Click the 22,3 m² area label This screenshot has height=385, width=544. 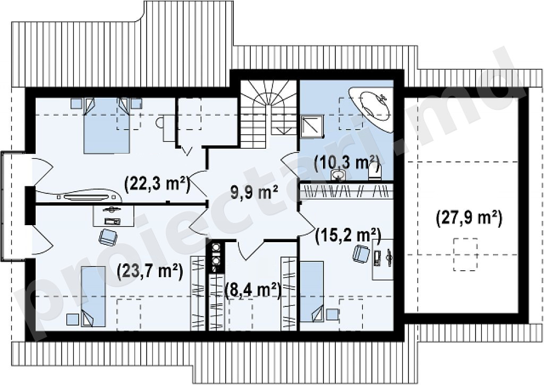(x=157, y=184)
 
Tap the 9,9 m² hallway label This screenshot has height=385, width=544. (x=254, y=192)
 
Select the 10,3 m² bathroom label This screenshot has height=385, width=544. (x=346, y=162)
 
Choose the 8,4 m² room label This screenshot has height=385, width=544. (x=253, y=290)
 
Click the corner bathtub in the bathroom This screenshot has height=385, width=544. (x=371, y=108)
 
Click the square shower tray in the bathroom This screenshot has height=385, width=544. (x=311, y=126)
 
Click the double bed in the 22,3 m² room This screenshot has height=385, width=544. (x=107, y=125)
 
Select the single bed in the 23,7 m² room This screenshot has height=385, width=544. (x=93, y=296)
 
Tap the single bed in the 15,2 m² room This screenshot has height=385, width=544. (x=311, y=292)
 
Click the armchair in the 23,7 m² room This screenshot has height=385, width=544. (x=108, y=237)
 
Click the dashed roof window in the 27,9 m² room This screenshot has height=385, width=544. (x=465, y=254)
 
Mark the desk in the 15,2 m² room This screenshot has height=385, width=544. (x=382, y=259)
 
